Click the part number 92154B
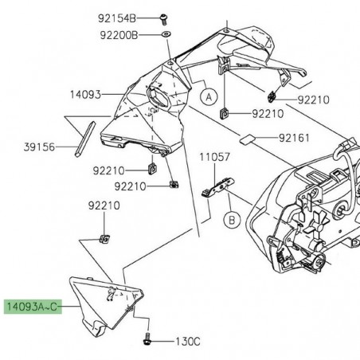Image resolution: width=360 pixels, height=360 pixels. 139,18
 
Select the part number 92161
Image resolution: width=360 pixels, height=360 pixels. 295,138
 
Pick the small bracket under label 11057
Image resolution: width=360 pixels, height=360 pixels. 214,190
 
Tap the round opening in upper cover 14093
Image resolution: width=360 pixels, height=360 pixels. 154,91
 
